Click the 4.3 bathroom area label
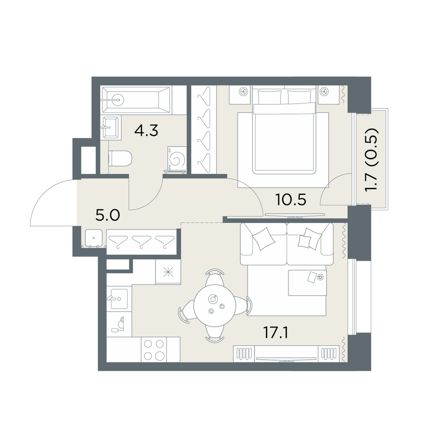[x=146, y=131]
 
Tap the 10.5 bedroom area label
[x=291, y=199]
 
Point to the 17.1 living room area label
[x=275, y=333]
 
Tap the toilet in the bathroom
[x=120, y=158]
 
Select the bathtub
[x=136, y=100]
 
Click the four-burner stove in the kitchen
[x=154, y=349]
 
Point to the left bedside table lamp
[x=243, y=92]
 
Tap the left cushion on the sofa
[x=264, y=239]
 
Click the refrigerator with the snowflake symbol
[x=168, y=272]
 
